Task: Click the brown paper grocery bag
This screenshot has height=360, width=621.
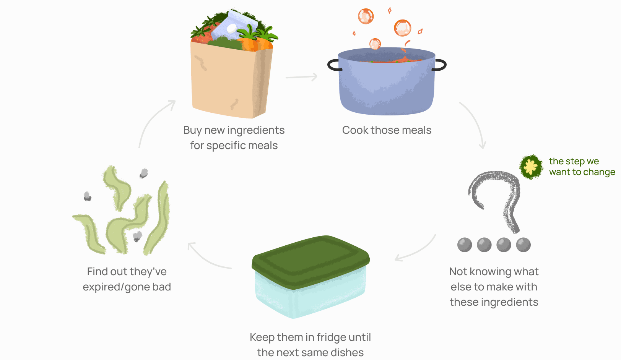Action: coord(226,80)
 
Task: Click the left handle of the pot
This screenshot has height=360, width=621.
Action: coord(333,65)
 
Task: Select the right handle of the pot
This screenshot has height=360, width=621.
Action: coord(440,65)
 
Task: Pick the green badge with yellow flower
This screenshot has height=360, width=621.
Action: coord(531,167)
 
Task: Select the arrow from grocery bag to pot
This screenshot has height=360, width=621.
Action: coord(301,77)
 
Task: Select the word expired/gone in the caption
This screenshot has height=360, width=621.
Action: coord(110,287)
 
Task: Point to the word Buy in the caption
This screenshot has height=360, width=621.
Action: coord(192,130)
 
